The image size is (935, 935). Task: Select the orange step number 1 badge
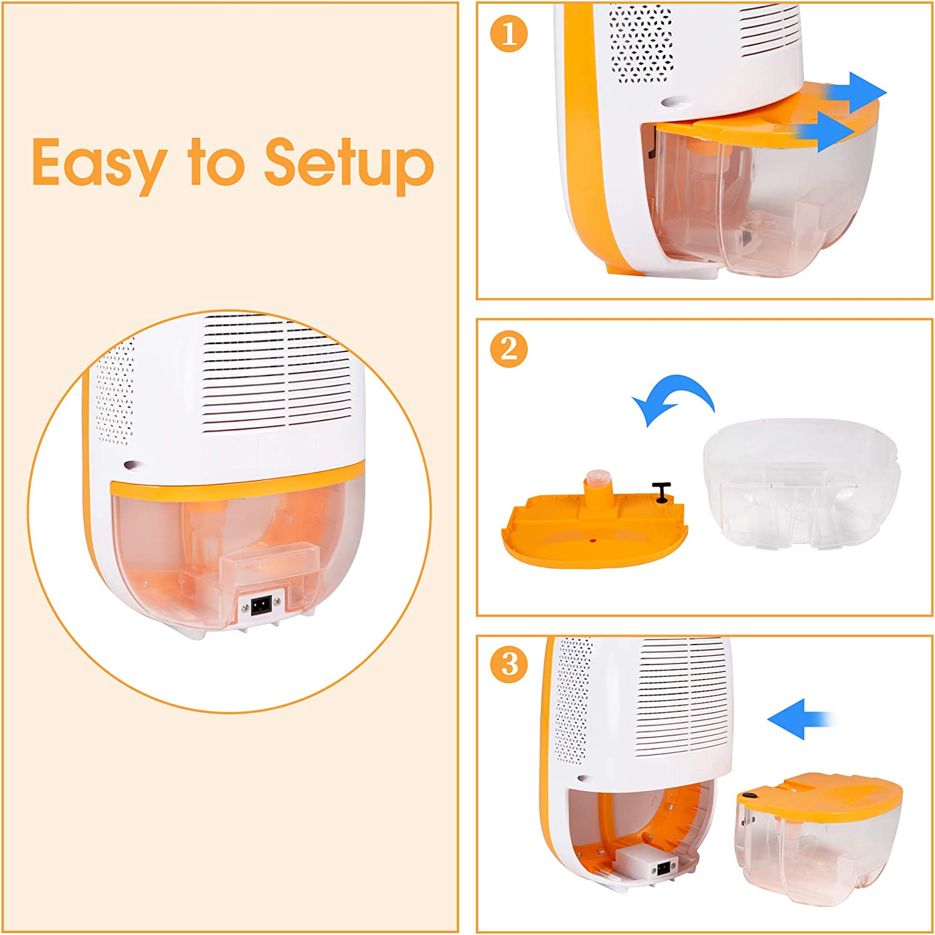[510, 33]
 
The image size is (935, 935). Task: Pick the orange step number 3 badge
[510, 664]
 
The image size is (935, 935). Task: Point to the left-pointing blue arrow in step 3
[802, 719]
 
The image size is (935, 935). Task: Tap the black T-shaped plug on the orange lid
[661, 491]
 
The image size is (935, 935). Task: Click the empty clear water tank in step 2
[802, 483]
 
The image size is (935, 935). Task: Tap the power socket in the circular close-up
[261, 605]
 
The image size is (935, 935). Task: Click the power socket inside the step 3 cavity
[665, 866]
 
